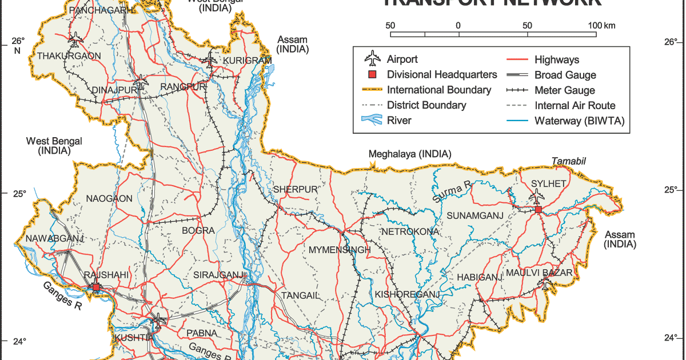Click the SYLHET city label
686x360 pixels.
(x=548, y=183)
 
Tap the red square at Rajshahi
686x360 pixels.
(x=97, y=287)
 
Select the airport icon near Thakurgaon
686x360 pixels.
(x=75, y=40)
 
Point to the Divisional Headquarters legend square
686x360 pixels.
(x=372, y=75)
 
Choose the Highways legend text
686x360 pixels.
(x=556, y=59)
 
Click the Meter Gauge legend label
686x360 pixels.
(x=564, y=90)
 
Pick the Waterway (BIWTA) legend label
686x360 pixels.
(x=580, y=121)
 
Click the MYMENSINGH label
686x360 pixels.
(x=340, y=250)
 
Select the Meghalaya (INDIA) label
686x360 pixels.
(x=409, y=154)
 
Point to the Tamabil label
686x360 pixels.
(x=569, y=162)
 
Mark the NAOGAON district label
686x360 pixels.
(x=109, y=199)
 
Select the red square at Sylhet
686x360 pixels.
(x=539, y=210)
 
